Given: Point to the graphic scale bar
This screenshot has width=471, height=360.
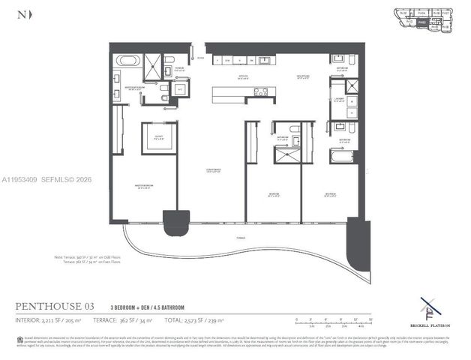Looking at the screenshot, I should click(x=329, y=322).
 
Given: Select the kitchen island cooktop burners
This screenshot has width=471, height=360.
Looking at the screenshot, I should click(x=260, y=92).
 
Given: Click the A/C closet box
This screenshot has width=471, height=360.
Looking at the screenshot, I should click(x=181, y=88).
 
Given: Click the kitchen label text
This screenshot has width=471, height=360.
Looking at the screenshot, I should click(x=244, y=77).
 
